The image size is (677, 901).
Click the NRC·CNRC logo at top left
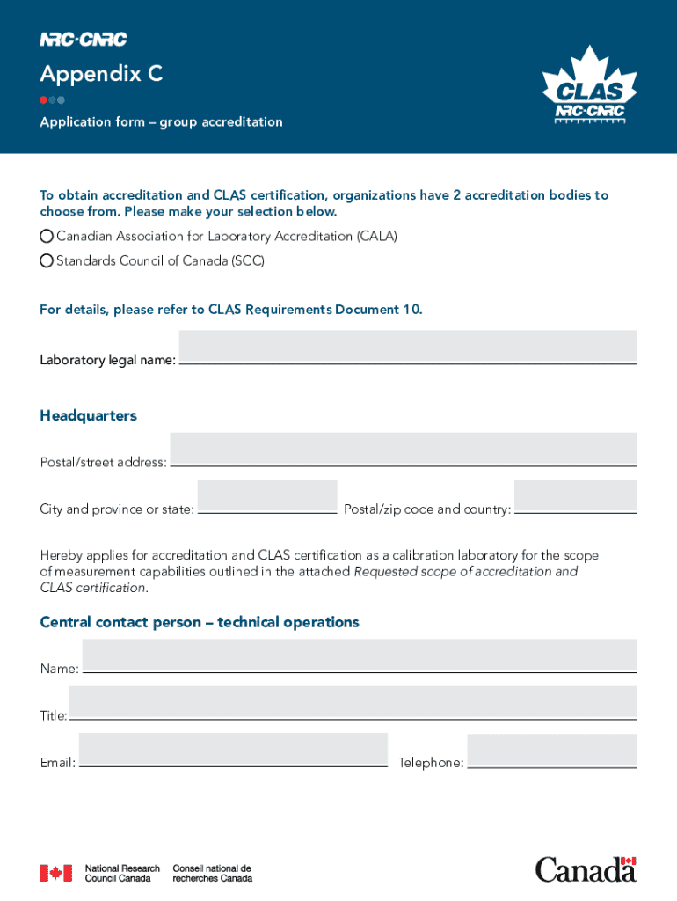[84, 39]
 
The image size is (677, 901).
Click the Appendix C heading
[101, 74]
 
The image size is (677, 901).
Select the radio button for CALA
[47, 237]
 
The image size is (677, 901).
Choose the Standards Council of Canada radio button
[47, 261]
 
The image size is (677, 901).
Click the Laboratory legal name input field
[408, 347]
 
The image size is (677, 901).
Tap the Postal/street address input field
[403, 449]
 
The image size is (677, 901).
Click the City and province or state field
[267, 495]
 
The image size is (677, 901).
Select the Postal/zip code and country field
[575, 495]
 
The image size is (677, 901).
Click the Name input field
[359, 656]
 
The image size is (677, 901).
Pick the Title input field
[353, 702]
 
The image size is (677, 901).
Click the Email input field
[233, 750]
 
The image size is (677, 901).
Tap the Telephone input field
[551, 750]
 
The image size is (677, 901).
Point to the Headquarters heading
[88, 415]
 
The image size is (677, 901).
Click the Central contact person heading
[200, 622]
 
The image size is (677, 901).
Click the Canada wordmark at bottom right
[586, 869]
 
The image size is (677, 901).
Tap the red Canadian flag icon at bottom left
[55, 873]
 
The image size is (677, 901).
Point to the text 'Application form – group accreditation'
[161, 122]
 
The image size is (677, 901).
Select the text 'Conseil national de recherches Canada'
[212, 873]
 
